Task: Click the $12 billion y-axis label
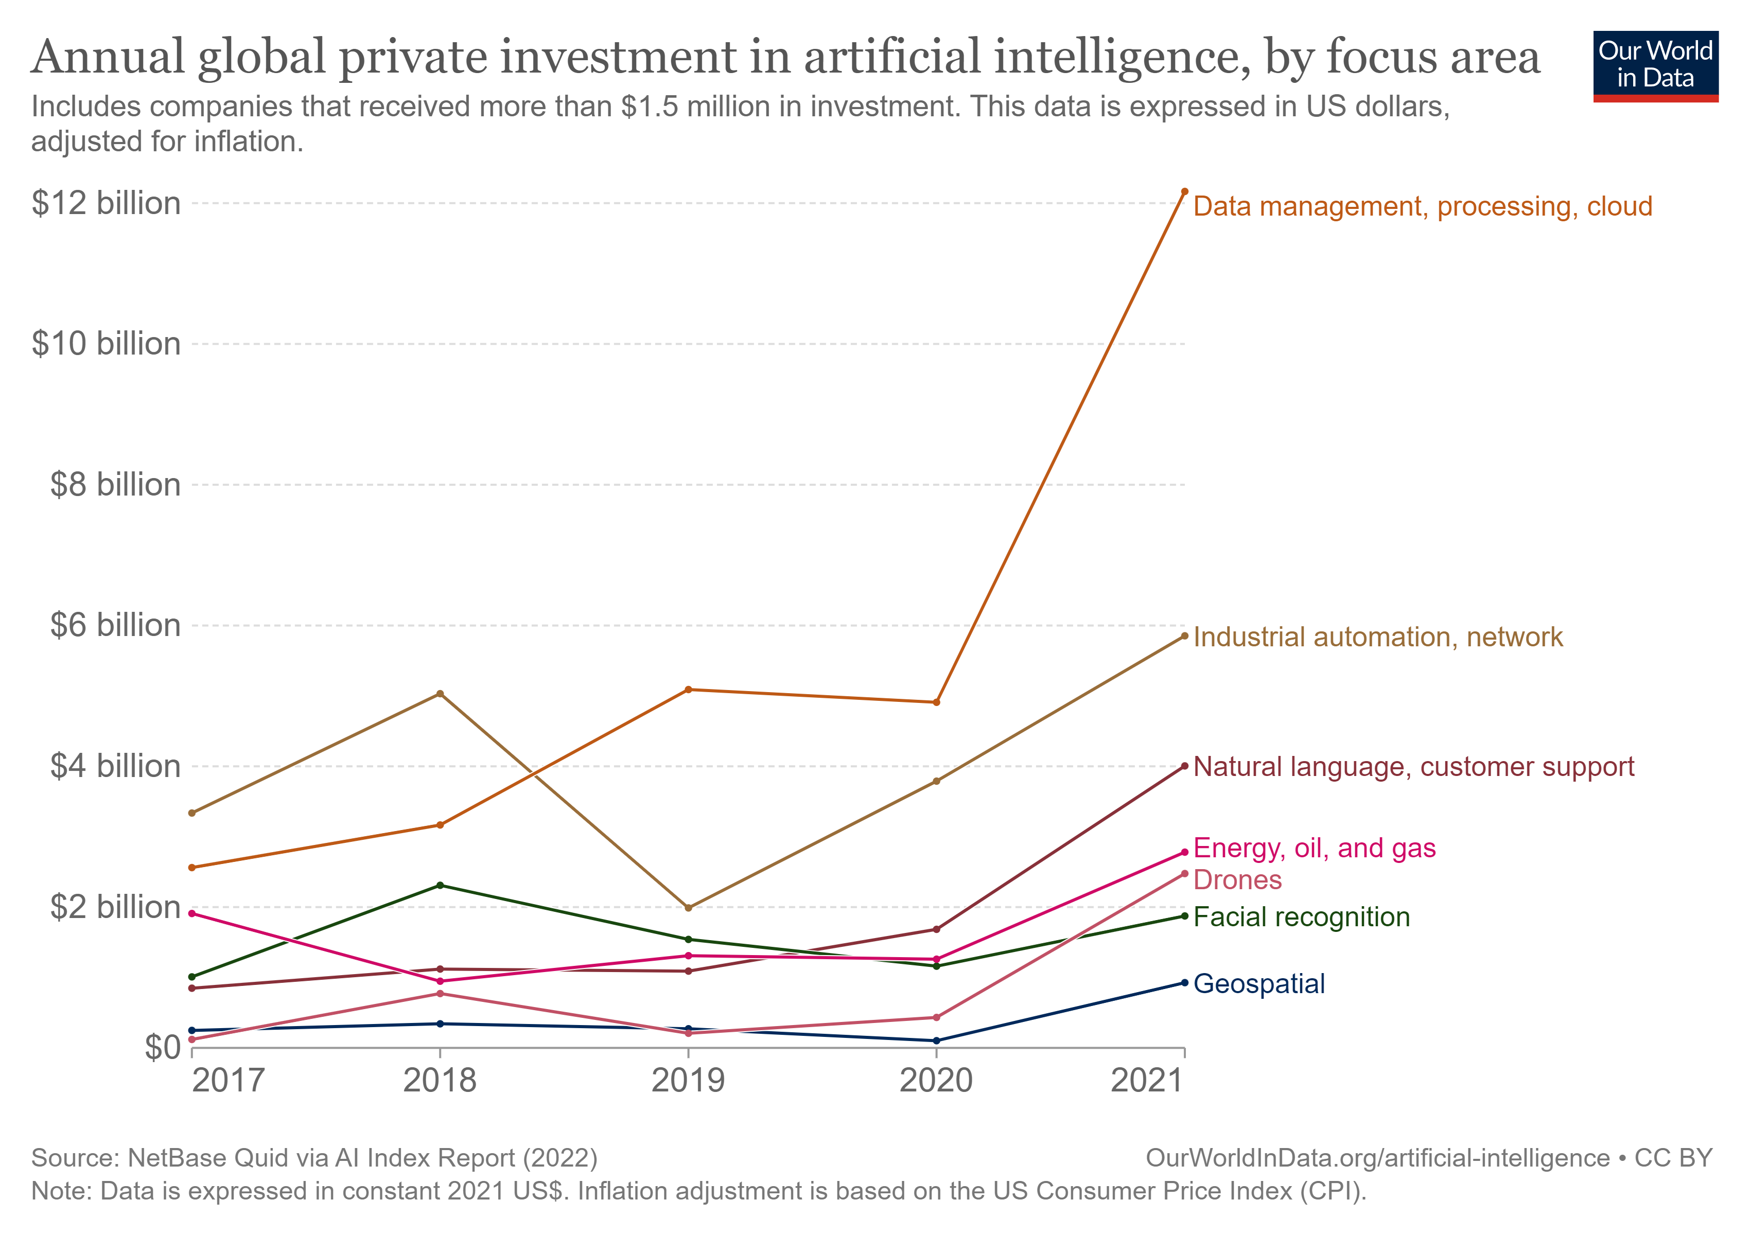106,203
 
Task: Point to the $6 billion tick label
115,626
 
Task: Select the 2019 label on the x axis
688,1080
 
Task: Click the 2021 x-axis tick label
1146,1080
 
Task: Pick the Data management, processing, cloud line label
1422,206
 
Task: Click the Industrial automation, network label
1377,637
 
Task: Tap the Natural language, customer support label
1413,766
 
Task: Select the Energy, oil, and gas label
1314,848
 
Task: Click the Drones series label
1237,880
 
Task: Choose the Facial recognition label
1301,916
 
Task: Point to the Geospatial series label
1258,983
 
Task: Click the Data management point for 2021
1184,192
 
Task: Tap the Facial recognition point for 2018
440,885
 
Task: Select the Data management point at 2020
936,702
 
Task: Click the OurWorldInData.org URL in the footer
1377,1158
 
